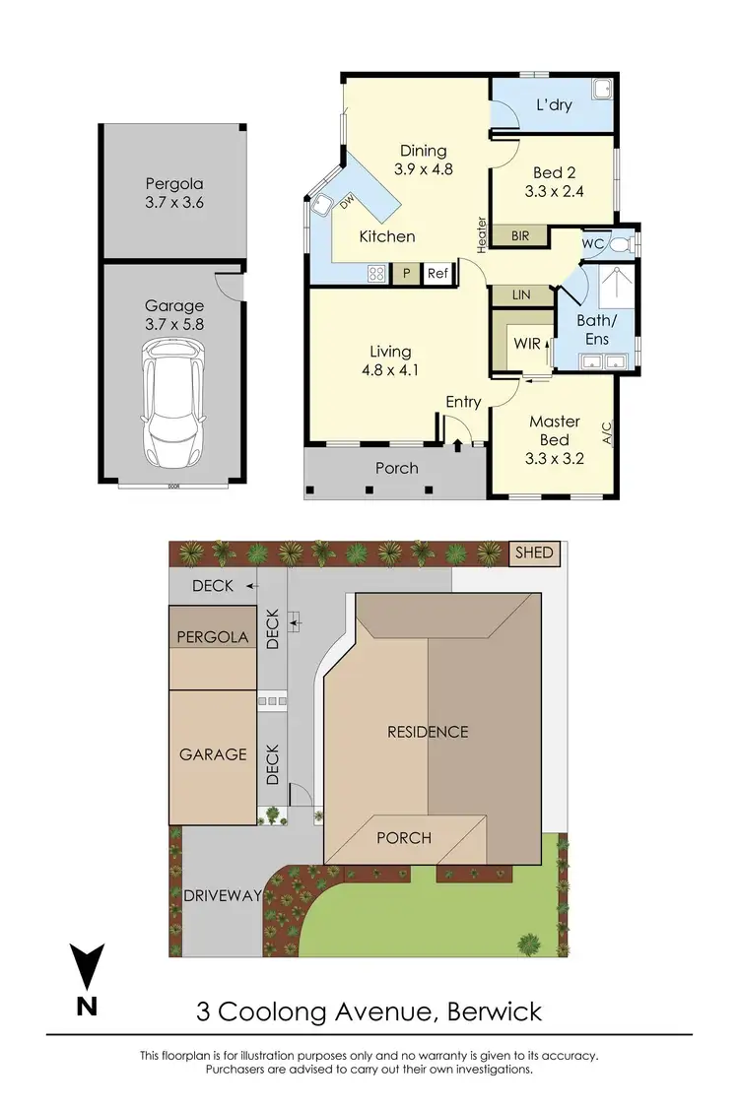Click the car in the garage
click(x=173, y=404)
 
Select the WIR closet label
click(x=527, y=344)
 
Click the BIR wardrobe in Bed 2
click(x=518, y=236)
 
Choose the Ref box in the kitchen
click(x=437, y=275)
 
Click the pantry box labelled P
click(x=406, y=275)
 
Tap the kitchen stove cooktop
click(x=375, y=275)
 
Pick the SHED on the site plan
click(x=534, y=553)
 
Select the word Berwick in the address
click(x=494, y=1011)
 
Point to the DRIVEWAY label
click(x=223, y=895)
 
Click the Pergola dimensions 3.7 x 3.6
click(x=174, y=203)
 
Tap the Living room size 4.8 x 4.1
click(x=391, y=371)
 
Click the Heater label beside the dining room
click(x=482, y=235)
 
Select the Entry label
click(x=463, y=401)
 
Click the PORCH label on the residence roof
click(x=404, y=838)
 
